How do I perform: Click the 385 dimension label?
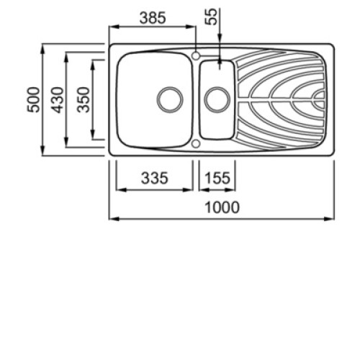153,18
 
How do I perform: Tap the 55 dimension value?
211,17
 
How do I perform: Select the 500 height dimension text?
33,99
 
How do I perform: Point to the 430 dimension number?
58,100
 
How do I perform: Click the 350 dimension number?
84,100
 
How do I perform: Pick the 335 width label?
154,178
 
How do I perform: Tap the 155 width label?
217,178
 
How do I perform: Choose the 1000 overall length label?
222,207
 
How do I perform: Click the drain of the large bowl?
170,99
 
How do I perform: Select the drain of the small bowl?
217,99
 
